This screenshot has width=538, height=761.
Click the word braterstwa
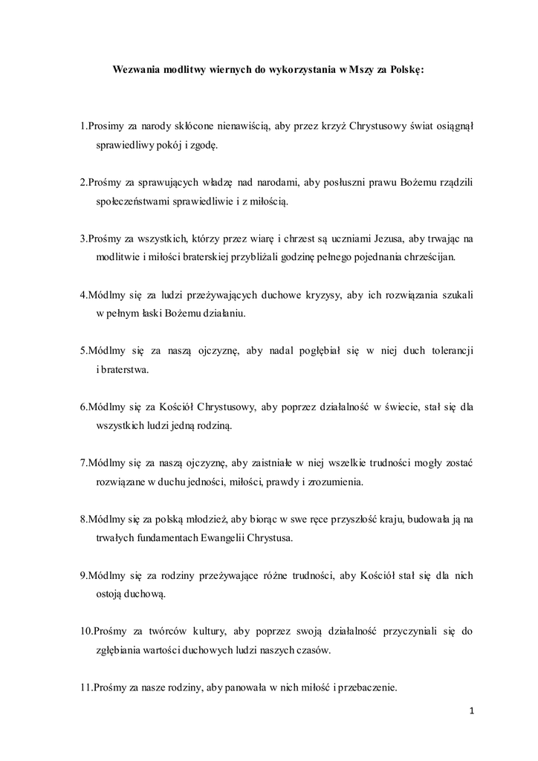[x=124, y=369]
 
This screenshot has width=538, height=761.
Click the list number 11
[x=85, y=687]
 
